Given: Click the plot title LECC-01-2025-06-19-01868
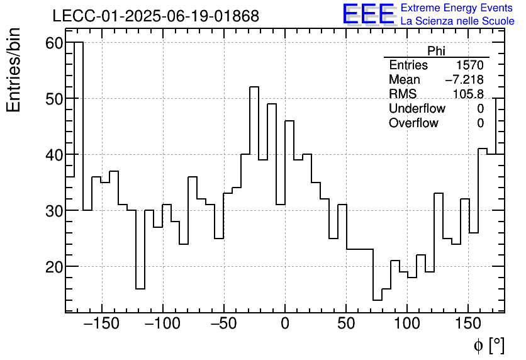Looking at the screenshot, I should click(155, 16).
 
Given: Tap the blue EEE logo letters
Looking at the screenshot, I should click(368, 14).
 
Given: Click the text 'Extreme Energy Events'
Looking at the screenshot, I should click(457, 8).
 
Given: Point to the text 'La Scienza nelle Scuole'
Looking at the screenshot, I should click(457, 21).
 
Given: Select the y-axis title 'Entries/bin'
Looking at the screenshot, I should click(14, 70).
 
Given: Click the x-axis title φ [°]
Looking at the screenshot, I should click(488, 345).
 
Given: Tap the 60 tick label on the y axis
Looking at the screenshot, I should click(55, 43).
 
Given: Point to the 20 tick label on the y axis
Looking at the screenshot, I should click(55, 267).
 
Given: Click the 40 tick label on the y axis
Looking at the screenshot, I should click(55, 155).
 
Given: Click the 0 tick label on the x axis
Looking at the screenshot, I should click(285, 323).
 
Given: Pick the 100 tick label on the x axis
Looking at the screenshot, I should click(407, 323).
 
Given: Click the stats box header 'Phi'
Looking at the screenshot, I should click(436, 51).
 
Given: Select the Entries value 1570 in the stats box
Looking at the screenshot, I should click(470, 65).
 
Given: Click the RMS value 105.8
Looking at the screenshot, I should click(468, 94).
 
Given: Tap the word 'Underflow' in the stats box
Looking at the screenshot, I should click(417, 109).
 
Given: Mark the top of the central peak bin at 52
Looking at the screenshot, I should click(254, 87).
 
